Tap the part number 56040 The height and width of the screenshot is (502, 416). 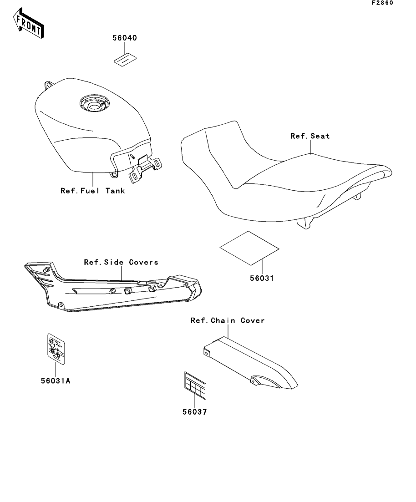pyautogui.click(x=125, y=38)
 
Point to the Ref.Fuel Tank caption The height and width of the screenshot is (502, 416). pyautogui.click(x=93, y=191)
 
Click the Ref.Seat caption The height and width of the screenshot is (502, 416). pyautogui.click(x=310, y=136)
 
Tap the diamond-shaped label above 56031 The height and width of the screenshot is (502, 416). pyautogui.click(x=249, y=248)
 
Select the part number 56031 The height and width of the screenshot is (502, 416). pyautogui.click(x=261, y=278)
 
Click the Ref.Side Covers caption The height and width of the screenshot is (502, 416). pyautogui.click(x=121, y=262)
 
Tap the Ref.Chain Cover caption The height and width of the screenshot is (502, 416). pyautogui.click(x=228, y=320)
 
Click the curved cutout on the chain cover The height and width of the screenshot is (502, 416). pyautogui.click(x=262, y=381)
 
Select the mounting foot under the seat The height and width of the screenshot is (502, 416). pyautogui.click(x=305, y=223)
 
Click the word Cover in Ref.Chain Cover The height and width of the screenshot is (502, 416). pyautogui.click(x=253, y=320)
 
